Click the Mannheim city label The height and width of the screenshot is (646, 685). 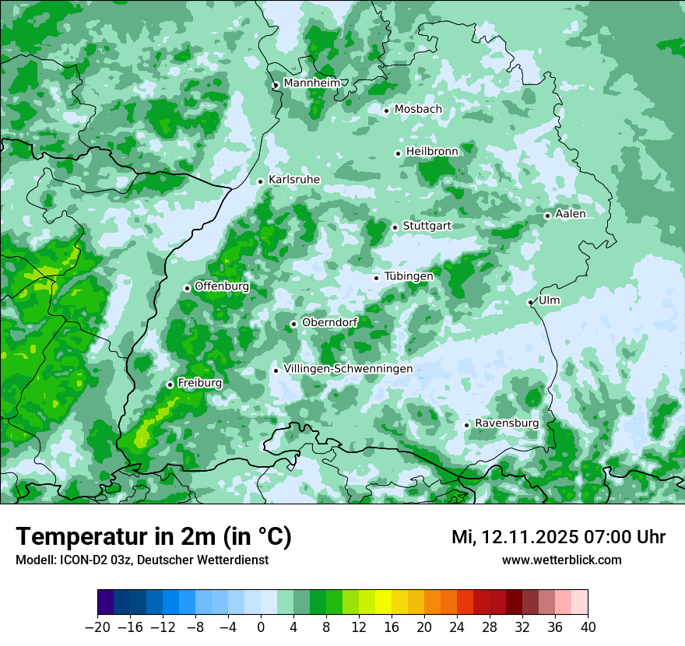pyautogui.click(x=311, y=83)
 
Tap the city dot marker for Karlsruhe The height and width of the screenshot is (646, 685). pyautogui.click(x=261, y=181)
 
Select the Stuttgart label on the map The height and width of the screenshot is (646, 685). pyautogui.click(x=427, y=226)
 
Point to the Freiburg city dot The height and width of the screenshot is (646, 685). pyautogui.click(x=170, y=384)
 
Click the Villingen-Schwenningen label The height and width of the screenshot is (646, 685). pyautogui.click(x=348, y=369)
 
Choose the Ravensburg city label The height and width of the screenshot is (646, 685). pyautogui.click(x=506, y=423)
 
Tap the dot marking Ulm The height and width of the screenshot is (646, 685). pyautogui.click(x=530, y=302)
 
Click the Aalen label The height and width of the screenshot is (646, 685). pyautogui.click(x=571, y=214)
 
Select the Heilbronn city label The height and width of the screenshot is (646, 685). pyautogui.click(x=432, y=152)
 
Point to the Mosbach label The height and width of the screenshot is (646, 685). pyautogui.click(x=418, y=110)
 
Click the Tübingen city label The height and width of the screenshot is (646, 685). pyautogui.click(x=409, y=276)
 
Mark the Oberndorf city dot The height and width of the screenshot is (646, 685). pyautogui.click(x=293, y=324)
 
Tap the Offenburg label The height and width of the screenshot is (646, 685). pyautogui.click(x=222, y=286)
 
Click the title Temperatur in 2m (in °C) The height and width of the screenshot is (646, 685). pyautogui.click(x=153, y=537)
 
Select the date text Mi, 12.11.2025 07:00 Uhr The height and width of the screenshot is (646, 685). pyautogui.click(x=558, y=537)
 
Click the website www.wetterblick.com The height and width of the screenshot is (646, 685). pyautogui.click(x=561, y=560)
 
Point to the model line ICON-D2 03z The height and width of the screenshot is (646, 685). pyautogui.click(x=142, y=560)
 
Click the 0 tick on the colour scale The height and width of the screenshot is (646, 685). pyautogui.click(x=261, y=627)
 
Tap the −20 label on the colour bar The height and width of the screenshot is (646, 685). pyautogui.click(x=97, y=627)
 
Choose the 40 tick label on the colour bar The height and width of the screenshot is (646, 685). pyautogui.click(x=588, y=627)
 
